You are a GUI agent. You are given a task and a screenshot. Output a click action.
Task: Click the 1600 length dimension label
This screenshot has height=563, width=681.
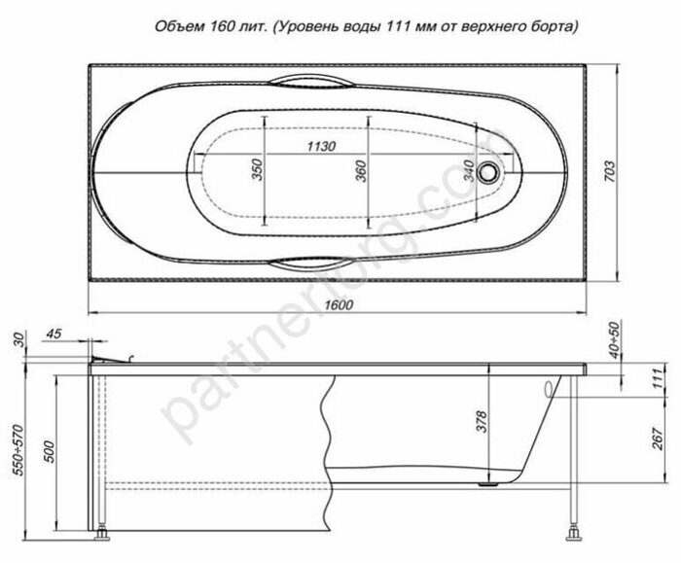tap(337, 304)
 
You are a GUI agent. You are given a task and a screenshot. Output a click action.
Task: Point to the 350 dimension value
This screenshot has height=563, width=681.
tap(257, 171)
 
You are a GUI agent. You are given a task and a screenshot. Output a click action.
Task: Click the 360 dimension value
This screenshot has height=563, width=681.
tap(360, 172)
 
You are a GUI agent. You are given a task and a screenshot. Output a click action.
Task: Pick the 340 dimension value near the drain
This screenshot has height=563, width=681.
tap(469, 172)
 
